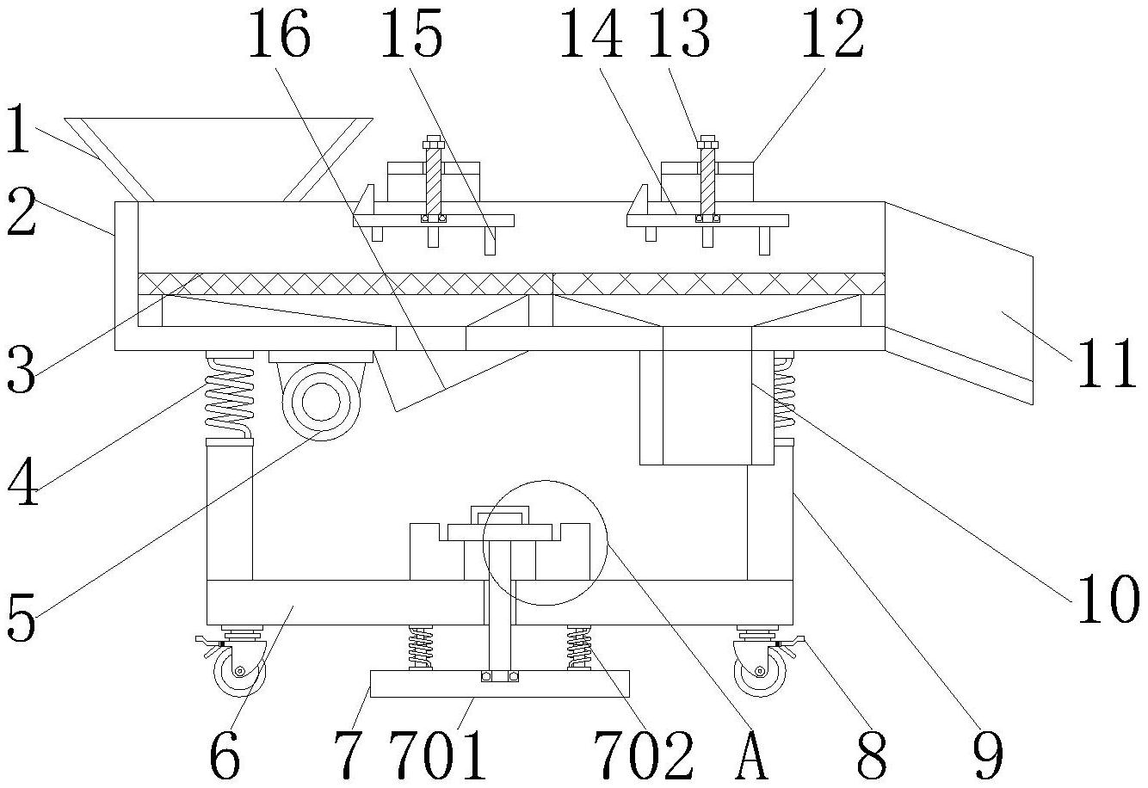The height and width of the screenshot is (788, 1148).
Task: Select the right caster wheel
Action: point(761,670)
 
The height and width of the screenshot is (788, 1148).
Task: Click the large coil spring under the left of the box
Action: point(230,397)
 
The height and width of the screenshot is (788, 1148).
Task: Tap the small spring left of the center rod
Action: point(420,647)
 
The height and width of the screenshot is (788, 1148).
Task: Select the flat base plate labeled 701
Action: point(499,685)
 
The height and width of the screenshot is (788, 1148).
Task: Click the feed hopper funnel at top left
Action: point(219,159)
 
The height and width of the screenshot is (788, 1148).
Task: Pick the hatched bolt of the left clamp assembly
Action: point(433,180)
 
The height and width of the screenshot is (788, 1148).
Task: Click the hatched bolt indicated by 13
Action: point(707,180)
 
